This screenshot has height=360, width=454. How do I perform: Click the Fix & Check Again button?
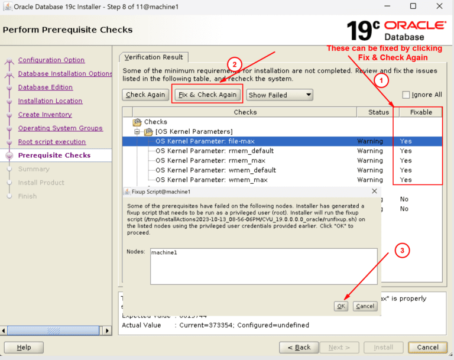(207, 95)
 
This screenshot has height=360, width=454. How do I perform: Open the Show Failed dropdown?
(279, 95)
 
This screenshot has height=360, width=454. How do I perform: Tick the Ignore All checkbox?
(406, 95)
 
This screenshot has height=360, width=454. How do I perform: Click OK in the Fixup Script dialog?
(341, 306)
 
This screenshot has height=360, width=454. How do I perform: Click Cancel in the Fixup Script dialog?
(365, 306)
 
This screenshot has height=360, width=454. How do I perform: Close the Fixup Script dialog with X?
(374, 192)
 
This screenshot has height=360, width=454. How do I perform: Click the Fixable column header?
(420, 112)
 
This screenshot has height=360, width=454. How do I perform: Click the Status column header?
(379, 112)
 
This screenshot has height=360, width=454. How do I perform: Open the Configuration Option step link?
(51, 60)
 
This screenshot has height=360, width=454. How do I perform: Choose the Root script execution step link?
(52, 142)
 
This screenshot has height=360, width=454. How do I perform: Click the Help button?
(24, 348)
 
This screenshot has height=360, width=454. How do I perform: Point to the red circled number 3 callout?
(403, 250)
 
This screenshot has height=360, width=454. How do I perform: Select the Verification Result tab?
(154, 57)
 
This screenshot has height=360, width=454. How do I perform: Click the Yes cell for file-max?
(406, 141)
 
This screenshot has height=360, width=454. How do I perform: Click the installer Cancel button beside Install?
(427, 348)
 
